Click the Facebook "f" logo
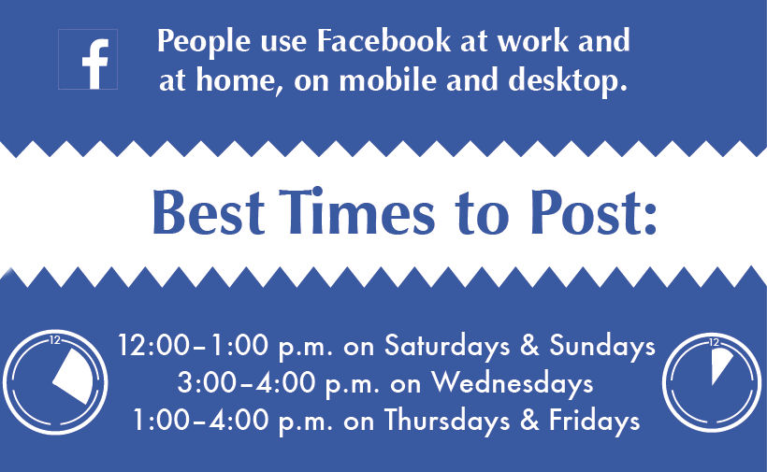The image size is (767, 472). click(x=88, y=59)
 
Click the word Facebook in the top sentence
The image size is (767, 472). click(x=383, y=40)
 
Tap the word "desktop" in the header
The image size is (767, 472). click(x=568, y=80)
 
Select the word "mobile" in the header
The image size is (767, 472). click(x=387, y=79)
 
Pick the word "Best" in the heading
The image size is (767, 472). click(x=209, y=213)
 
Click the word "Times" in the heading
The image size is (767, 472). click(x=356, y=211)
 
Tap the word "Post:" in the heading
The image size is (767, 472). click(x=593, y=212)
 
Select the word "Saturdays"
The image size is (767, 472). click(x=447, y=346)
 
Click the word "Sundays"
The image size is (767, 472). click(x=602, y=346)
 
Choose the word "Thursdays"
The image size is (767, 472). click(x=447, y=421)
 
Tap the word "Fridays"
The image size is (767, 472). click(x=594, y=421)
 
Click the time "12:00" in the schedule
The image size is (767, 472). click(x=153, y=345)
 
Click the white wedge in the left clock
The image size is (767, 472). click(x=73, y=377)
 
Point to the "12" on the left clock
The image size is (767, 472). click(x=55, y=340)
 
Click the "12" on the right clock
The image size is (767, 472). click(x=715, y=342)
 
